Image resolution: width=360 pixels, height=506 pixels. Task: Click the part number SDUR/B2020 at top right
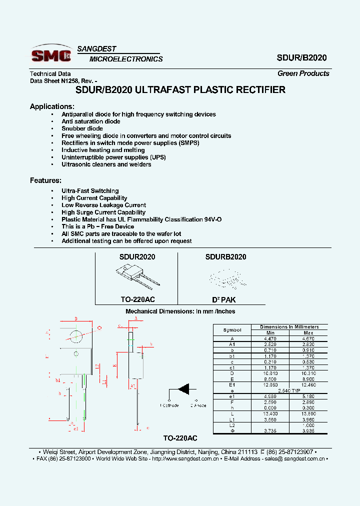pos(301,57)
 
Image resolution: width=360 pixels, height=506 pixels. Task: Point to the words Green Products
pos(303,73)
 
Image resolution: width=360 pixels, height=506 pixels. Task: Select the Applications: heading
pos(52,106)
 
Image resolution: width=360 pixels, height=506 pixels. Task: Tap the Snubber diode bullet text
pos(82,128)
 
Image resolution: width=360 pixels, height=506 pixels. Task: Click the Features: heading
pos(45,180)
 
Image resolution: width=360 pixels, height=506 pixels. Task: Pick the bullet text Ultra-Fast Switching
pos(90,191)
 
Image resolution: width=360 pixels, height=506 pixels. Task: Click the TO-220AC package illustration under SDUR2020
pos(136,276)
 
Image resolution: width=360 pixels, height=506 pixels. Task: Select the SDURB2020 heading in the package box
pos(225,257)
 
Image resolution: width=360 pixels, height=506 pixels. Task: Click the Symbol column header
pos(232,330)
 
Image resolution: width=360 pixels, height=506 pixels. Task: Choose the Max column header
pos(308,333)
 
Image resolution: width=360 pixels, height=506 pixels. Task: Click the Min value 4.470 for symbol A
pos(270,338)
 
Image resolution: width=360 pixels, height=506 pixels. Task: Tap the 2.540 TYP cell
pos(289,390)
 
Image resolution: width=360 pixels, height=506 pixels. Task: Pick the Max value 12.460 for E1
pos(308,385)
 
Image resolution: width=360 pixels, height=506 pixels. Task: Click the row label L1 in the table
pos(232,419)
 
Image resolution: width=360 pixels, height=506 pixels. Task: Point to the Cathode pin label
pos(170,405)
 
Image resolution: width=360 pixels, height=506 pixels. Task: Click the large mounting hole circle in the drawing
pos(76,336)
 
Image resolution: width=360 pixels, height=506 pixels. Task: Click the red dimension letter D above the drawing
pos(76,318)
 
